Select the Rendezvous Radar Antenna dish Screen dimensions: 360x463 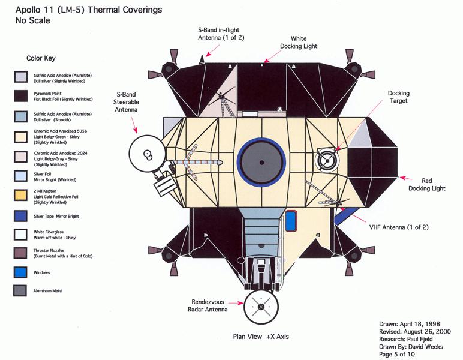coord(261,307)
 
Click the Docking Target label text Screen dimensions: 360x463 coord(398,97)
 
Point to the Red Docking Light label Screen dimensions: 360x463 coord(428,184)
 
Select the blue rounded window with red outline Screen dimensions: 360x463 coord(291,221)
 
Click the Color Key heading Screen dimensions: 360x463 coord(41,59)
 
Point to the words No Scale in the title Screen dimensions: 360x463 coord(33,20)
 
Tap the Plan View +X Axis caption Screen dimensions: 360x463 coord(261,337)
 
